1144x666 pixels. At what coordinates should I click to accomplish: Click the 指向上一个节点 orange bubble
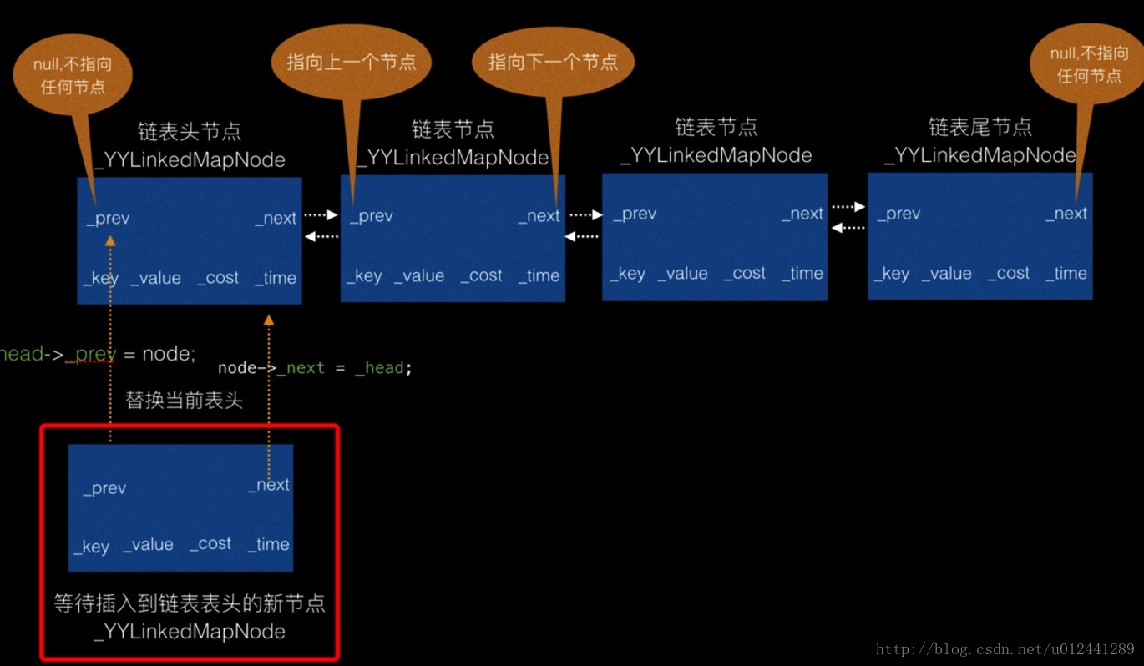coord(351,62)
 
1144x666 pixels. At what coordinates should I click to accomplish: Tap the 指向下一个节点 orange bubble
coord(553,62)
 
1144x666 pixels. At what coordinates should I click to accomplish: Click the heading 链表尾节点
coord(980,127)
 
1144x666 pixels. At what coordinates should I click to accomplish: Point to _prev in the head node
coord(108,219)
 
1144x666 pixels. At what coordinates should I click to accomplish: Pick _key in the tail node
coord(891,274)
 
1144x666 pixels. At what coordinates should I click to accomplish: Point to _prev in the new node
coord(104,488)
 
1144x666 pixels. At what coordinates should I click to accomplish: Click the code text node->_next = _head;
coord(315,368)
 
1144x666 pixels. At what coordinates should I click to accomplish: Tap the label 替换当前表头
coord(184,401)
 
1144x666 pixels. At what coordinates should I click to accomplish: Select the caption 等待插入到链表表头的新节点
coord(190,603)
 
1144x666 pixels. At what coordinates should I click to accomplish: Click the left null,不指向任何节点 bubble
coord(73,75)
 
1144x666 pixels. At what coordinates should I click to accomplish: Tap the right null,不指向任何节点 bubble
coord(1089,64)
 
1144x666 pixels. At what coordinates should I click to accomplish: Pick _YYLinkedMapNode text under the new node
coord(190,631)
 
